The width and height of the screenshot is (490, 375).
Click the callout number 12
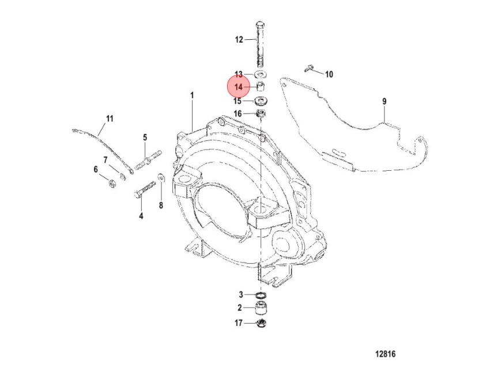click(x=239, y=40)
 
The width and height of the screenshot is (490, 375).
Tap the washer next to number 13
click(x=260, y=74)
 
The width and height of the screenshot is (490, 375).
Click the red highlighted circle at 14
click(x=239, y=87)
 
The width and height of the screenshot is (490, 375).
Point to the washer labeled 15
click(x=260, y=101)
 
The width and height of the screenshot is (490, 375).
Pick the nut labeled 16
click(x=261, y=113)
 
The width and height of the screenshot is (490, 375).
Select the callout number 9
click(x=385, y=102)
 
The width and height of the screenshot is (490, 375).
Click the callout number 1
click(x=192, y=95)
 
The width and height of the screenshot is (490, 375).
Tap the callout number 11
click(x=110, y=119)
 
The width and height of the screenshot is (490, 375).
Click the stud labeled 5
click(x=148, y=159)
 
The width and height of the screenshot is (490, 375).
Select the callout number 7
click(x=105, y=160)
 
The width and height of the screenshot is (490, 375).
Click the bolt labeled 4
click(x=145, y=190)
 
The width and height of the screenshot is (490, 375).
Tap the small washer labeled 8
click(x=161, y=177)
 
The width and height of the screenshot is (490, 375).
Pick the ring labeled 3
click(x=261, y=295)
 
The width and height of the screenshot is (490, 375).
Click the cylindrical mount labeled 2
click(x=261, y=309)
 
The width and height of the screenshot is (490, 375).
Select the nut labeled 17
click(x=261, y=323)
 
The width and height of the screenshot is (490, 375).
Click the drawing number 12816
click(x=385, y=354)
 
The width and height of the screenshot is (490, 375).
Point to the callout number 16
click(x=238, y=114)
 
